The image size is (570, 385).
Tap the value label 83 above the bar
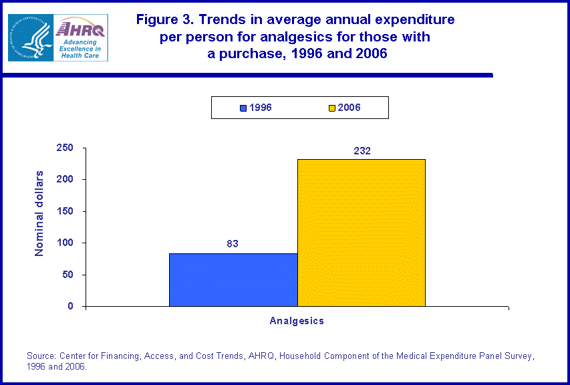pos(233,244)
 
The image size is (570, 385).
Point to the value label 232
pos(362,150)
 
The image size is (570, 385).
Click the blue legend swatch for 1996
pos(243,108)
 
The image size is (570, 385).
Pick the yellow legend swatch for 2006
pos(332,108)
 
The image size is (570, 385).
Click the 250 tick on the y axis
pos(65,148)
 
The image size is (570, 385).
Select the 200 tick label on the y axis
pos(65,179)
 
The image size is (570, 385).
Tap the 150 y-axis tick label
pos(65,211)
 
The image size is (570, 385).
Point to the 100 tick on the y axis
pos(65,243)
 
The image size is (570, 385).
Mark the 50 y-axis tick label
pos(68,275)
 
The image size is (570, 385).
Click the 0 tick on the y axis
pos(71,306)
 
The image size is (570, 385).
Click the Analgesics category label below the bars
pos(297,321)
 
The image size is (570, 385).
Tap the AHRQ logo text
pos(81,28)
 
